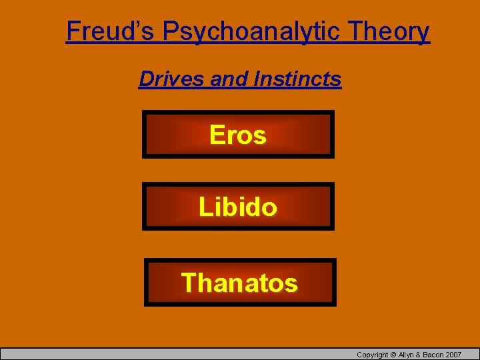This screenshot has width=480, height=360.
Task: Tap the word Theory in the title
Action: [x=389, y=31]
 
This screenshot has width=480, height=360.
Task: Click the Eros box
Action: [x=238, y=135]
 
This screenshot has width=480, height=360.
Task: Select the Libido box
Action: [x=238, y=207]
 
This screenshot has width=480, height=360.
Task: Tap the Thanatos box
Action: [x=240, y=283]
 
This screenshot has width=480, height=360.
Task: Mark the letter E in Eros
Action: [x=217, y=135]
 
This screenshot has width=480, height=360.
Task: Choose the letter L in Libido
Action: [x=204, y=207]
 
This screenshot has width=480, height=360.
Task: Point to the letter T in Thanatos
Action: [x=189, y=283]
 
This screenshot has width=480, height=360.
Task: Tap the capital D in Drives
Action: [x=145, y=79]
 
